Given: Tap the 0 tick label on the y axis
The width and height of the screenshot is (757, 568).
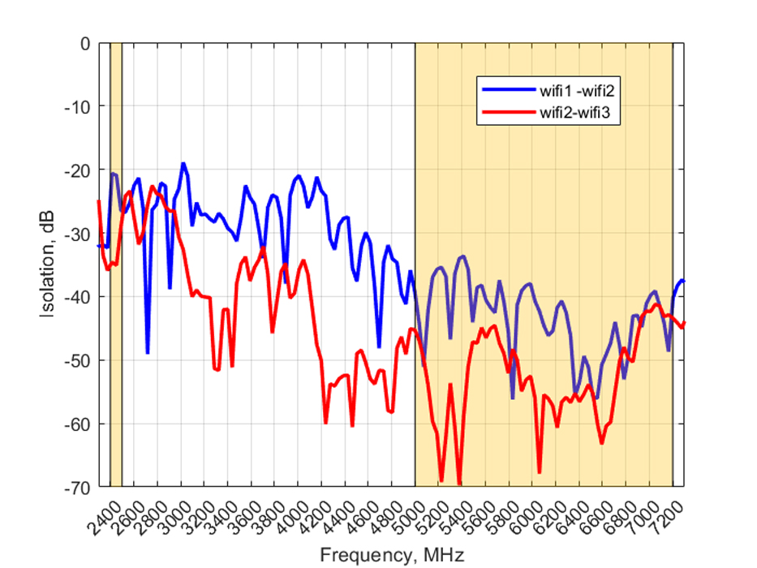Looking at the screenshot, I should point(84,43).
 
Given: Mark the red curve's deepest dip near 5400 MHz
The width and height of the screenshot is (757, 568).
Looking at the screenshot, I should point(459,484).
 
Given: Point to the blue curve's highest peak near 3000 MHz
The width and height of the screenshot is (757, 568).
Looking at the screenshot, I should point(183,164).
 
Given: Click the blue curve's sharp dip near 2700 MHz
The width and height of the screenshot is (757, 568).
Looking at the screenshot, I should point(148,352).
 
